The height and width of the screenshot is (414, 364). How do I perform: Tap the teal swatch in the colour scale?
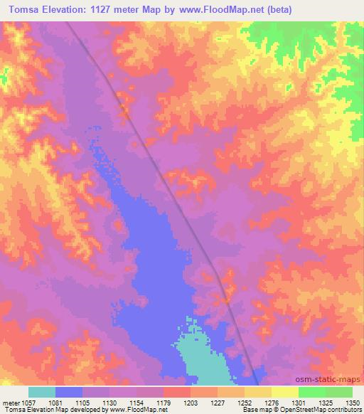point(42,392)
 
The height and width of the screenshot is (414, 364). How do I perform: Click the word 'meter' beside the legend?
point(10,402)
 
